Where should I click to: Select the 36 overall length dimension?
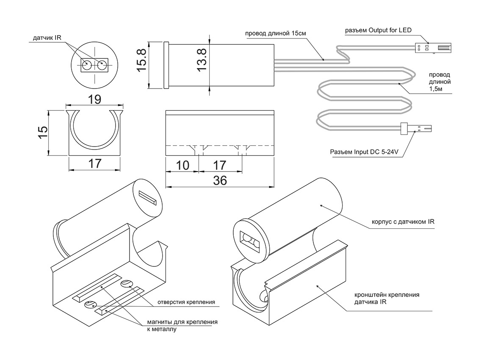tap(220, 180)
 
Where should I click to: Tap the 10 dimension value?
tap(182, 165)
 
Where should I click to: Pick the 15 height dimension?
tap(41, 133)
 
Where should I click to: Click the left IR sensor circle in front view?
tap(86, 66)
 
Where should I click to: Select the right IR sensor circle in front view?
tap(102, 66)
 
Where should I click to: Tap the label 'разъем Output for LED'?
tap(378, 30)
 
